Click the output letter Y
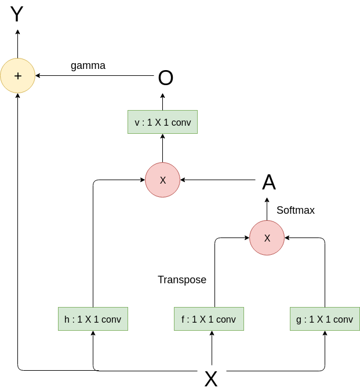point(17,14)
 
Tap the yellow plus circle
point(17,75)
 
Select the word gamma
point(88,65)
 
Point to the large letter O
point(166,78)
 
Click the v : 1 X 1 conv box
point(162,122)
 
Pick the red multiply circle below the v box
point(162,180)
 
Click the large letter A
point(268,182)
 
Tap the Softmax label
point(296,210)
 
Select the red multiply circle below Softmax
point(267,237)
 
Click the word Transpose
point(182,280)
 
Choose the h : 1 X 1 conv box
point(93,319)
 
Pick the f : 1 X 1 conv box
point(209,319)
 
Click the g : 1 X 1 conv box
point(325,319)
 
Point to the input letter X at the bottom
point(211,379)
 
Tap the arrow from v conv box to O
point(162,103)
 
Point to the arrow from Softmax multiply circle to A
point(267,209)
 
